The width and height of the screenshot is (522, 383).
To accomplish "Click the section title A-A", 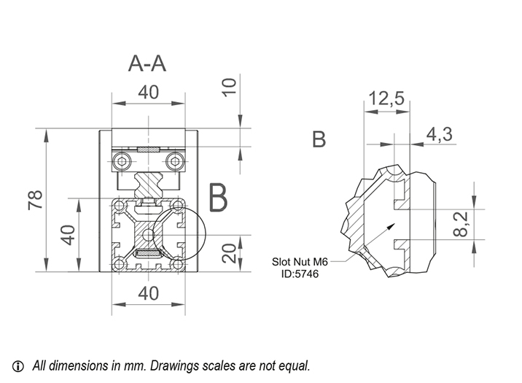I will pyautogui.click(x=147, y=63).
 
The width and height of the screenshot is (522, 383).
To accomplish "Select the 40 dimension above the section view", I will pyautogui.click(x=148, y=93).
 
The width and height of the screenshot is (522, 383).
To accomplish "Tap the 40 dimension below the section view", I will pyautogui.click(x=148, y=293).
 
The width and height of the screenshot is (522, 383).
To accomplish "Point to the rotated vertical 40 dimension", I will pyautogui.click(x=68, y=235).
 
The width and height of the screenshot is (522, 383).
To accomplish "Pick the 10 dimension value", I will pyautogui.click(x=228, y=87).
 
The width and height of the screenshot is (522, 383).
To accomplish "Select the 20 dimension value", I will pyautogui.click(x=228, y=253).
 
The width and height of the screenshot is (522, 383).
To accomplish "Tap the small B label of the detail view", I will pyautogui.click(x=319, y=139).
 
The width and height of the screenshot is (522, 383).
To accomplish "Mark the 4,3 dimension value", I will pyautogui.click(x=439, y=134).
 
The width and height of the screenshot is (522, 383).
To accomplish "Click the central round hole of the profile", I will pyautogui.click(x=149, y=235).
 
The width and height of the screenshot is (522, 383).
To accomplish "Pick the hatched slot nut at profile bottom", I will pyautogui.click(x=148, y=254).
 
